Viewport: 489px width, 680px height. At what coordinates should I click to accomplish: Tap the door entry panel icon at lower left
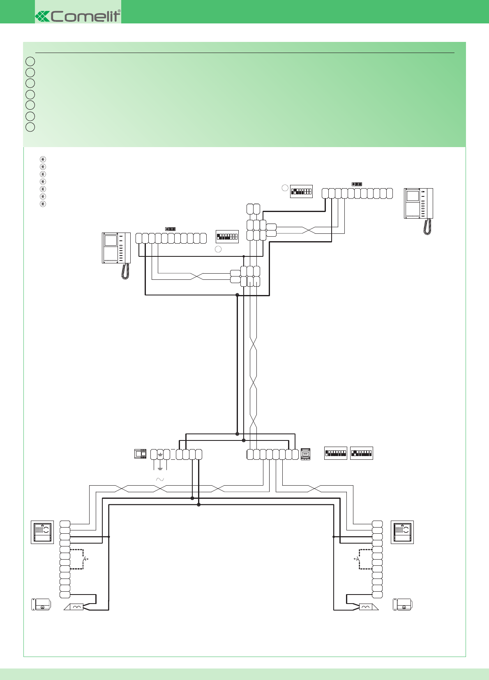(42, 532)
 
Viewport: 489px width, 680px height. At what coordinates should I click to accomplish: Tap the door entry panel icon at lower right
(402, 532)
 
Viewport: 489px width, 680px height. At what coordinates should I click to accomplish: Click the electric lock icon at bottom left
(41, 604)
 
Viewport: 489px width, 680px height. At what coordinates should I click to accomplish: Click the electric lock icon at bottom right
(402, 604)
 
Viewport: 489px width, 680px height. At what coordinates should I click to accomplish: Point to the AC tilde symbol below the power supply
(160, 479)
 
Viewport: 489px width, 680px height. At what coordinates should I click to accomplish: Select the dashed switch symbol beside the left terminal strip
(78, 559)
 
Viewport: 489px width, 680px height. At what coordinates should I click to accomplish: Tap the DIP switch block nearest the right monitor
(301, 191)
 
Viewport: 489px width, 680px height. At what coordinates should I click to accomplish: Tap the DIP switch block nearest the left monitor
(227, 237)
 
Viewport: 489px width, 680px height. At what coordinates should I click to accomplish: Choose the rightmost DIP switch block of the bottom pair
(362, 453)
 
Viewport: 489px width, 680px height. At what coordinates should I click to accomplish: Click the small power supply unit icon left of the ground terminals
(141, 454)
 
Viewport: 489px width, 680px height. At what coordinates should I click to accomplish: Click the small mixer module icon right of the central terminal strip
(305, 454)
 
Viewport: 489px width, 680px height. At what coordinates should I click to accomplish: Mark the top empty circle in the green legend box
(30, 61)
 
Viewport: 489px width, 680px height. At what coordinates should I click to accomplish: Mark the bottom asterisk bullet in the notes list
(43, 204)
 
